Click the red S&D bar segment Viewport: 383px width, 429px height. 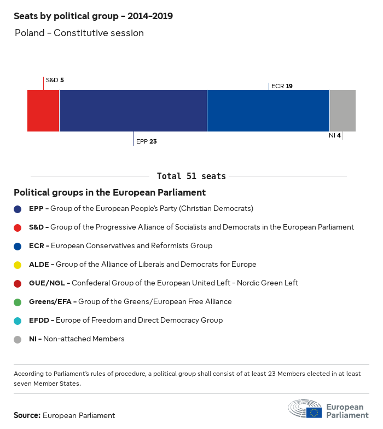coord(43,111)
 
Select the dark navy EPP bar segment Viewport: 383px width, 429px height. coord(133,111)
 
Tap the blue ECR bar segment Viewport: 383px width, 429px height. coord(268,111)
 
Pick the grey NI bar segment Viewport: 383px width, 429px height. coord(343,111)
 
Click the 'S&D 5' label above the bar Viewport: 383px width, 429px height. coord(55,80)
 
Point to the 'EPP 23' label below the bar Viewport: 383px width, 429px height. coord(146,141)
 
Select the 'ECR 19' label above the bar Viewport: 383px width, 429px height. coord(282,86)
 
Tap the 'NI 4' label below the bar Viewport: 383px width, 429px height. coord(335,135)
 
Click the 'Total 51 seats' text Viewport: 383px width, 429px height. coord(191,176)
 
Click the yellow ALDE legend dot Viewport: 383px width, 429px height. coord(18,265)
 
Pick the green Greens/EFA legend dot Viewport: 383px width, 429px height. coord(18,302)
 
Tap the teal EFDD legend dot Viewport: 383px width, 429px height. coord(18,321)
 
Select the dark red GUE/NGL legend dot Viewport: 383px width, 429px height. coord(18,283)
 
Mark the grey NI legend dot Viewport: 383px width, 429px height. coord(18,339)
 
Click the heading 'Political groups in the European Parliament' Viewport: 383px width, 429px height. coord(109,192)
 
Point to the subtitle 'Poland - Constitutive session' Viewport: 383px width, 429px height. coord(79,33)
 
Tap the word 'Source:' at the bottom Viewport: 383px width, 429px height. coord(27,415)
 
